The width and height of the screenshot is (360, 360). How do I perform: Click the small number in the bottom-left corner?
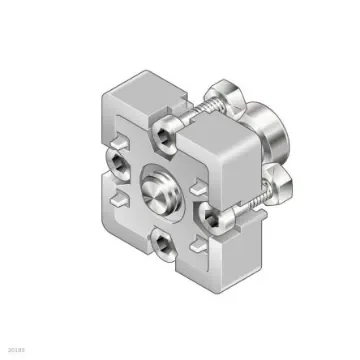(14, 350)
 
